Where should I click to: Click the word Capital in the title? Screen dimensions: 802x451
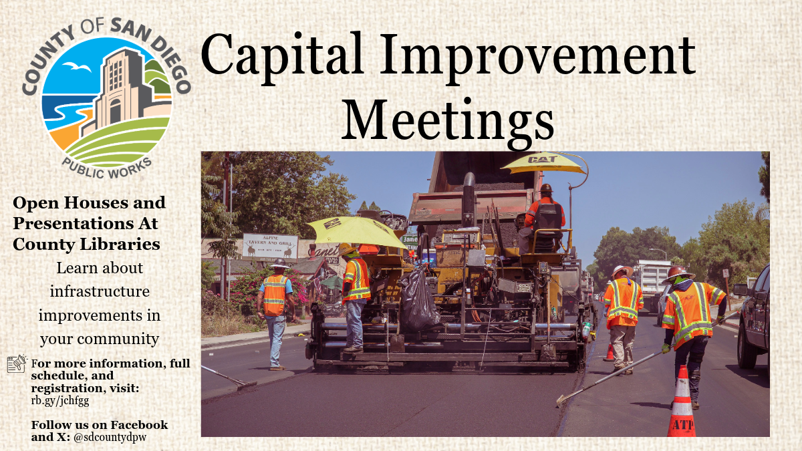(283, 58)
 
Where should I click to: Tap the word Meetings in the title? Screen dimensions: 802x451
(448, 122)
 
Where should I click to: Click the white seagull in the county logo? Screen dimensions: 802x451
(77, 67)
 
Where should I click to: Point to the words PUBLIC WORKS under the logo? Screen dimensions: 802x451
(107, 168)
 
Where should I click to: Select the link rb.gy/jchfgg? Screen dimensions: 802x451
(60, 400)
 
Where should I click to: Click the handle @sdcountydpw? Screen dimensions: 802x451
(110, 438)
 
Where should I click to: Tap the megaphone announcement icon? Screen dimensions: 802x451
(17, 363)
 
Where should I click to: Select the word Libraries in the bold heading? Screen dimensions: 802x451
(120, 244)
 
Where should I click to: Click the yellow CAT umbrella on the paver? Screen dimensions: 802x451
(543, 163)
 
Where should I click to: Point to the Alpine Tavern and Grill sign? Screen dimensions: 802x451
(270, 247)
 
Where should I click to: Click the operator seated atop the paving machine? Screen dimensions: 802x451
(543, 218)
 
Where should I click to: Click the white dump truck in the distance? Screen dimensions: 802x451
(652, 283)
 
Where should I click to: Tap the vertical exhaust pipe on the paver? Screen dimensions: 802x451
(469, 200)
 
